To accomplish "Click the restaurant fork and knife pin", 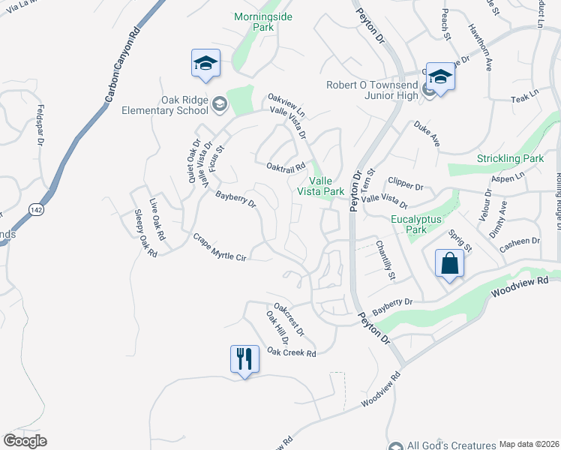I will point(244,358).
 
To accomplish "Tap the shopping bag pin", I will point(449,264).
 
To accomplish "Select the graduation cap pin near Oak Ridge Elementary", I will point(205,64).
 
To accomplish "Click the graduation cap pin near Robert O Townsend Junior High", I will point(440,77).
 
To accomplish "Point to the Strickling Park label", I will point(510,159).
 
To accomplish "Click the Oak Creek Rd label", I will point(292,352).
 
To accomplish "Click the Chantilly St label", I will point(385,259).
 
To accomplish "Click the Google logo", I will point(25,440).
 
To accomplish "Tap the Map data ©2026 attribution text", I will point(528,444).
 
